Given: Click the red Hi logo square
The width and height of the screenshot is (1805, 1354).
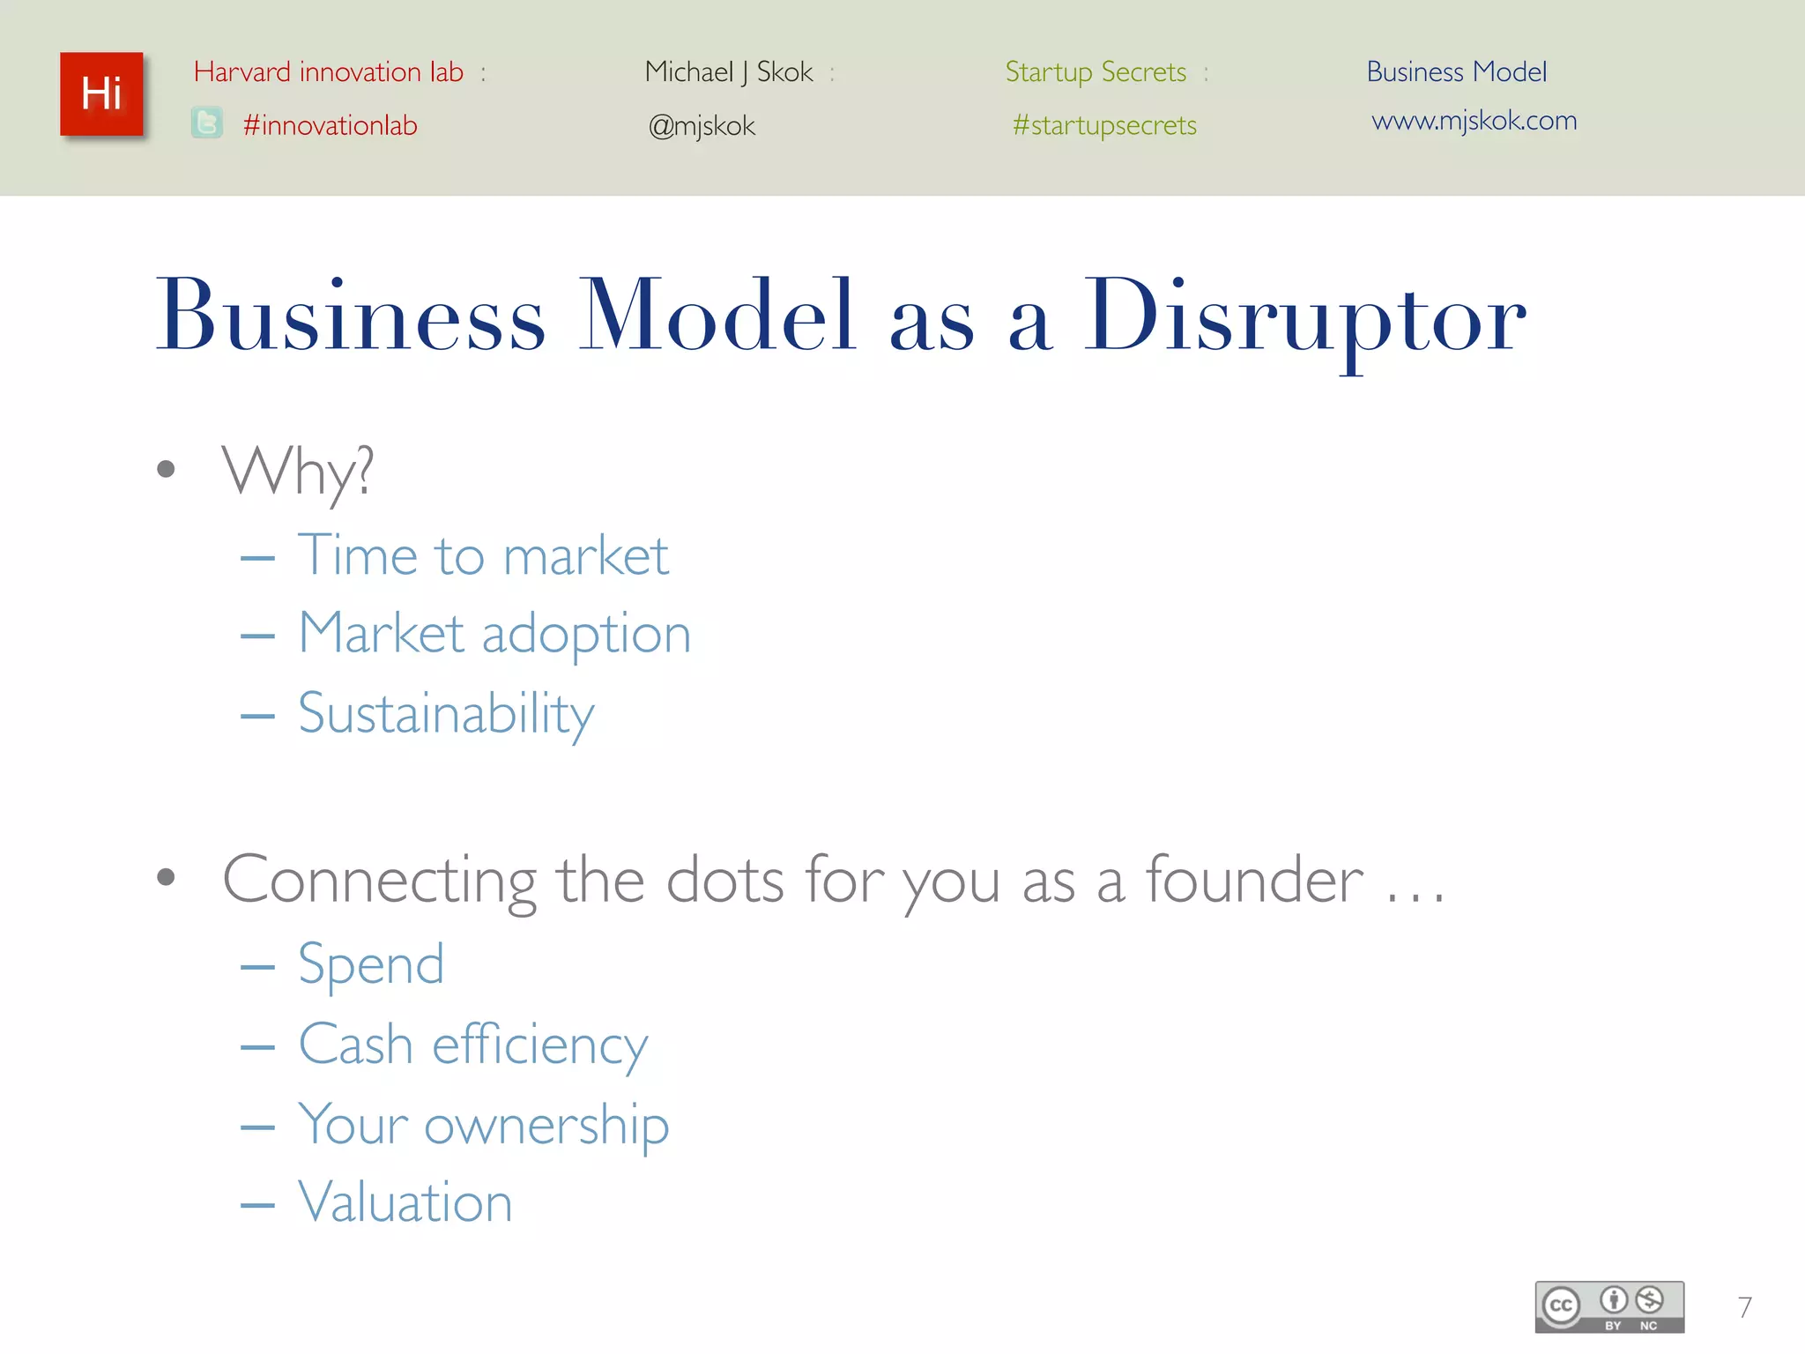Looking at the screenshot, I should point(101,94).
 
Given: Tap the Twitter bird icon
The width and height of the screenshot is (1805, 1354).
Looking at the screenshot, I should point(207,123).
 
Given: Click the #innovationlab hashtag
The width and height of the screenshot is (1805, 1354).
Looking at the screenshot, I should point(330,125).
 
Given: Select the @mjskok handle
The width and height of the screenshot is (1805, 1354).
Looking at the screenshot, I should point(702,126).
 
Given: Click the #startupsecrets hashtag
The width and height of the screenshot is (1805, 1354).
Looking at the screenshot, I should point(1104,125).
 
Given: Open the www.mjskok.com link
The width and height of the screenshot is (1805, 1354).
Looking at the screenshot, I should point(1474,120).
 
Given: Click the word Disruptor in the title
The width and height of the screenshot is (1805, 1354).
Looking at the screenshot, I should point(1304,317).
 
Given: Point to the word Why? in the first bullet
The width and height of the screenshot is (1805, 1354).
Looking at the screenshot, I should point(298,472).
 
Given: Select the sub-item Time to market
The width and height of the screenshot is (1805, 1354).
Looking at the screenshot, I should point(483,555).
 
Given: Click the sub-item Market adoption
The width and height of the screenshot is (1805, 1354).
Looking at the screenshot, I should point(494,633).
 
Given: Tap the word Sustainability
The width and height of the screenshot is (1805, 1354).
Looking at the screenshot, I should point(446,713).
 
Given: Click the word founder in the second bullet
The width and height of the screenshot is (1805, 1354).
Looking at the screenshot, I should point(1254,880).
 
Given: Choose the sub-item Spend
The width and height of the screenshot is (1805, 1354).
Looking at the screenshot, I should point(371,964).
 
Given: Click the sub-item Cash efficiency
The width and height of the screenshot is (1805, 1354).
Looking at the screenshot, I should point(473,1045).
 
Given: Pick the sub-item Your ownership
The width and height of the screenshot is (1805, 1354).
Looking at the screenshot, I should point(484,1125).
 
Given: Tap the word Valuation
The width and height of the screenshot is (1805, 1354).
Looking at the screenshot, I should point(405,1201).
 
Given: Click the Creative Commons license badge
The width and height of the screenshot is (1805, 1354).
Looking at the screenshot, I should point(1609,1306).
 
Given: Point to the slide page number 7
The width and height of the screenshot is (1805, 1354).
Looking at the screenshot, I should point(1744,1306).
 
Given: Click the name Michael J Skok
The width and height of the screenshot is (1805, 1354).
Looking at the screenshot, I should point(729,71).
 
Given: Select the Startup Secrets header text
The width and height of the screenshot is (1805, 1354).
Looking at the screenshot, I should point(1096,71).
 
